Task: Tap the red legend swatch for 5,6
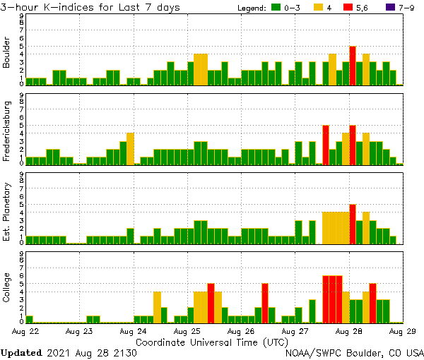tap(349, 8)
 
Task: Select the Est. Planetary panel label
tap(7, 212)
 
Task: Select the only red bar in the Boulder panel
tap(352, 66)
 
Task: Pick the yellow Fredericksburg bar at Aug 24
tap(131, 148)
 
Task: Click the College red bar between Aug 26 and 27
tap(265, 303)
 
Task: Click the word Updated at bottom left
tap(23, 352)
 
